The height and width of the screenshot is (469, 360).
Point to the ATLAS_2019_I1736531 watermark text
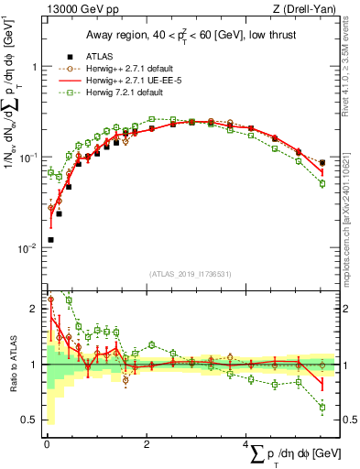[x=191, y=273]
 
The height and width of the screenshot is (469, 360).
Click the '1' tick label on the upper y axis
[x=33, y=68]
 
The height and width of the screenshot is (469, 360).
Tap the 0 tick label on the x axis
[x=47, y=445]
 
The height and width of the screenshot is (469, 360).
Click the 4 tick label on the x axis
[x=246, y=445]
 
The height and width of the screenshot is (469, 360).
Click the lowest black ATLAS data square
[x=50, y=240]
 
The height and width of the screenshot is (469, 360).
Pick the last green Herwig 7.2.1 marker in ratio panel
[x=322, y=407]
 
